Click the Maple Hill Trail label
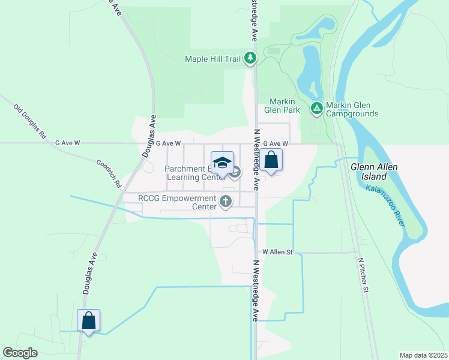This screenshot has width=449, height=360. point(213,59)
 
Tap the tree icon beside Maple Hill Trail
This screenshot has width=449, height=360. point(250,58)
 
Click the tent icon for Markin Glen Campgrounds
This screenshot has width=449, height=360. point(316,109)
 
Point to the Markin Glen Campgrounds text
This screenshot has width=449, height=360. point(352,109)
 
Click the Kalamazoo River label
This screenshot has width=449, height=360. point(385,206)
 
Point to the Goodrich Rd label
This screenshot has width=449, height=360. point(109,173)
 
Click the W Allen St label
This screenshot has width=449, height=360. point(277,252)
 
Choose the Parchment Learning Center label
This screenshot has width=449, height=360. point(190,173)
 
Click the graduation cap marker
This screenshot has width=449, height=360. point(222,163)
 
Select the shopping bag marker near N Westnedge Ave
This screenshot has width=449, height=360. point(271,160)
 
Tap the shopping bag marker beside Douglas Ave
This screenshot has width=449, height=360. point(88,321)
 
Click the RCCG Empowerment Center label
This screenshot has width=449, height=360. point(176,202)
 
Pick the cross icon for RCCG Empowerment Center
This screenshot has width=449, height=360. point(226,202)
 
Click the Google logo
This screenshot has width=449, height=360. point(20,353)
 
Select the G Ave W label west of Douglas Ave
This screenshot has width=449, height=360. point(67,143)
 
